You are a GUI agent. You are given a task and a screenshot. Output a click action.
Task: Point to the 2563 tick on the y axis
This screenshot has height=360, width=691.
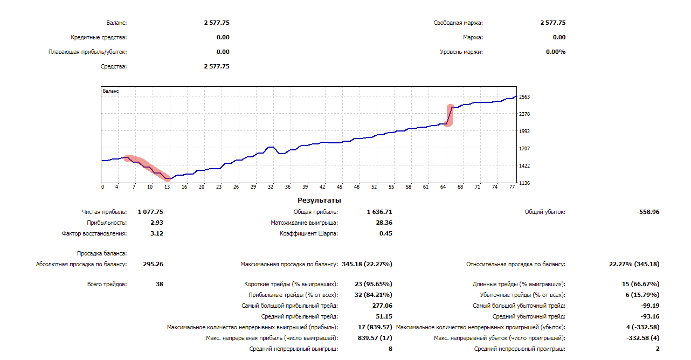[524, 97]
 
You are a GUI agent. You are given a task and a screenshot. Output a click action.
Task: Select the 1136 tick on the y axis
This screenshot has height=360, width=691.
[524, 183]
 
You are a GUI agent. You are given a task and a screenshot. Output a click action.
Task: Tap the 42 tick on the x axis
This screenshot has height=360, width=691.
[322, 187]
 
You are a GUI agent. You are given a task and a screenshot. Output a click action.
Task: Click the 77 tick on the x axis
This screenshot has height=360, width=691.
[512, 187]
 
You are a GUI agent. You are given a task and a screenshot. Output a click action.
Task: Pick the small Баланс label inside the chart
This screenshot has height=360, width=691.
[111, 92]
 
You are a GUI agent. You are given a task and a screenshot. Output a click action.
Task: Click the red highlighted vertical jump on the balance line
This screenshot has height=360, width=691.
[449, 115]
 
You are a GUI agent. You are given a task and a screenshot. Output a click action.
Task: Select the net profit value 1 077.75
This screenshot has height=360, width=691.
[150, 212]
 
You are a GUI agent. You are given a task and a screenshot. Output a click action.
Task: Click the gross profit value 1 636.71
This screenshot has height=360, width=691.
[379, 212]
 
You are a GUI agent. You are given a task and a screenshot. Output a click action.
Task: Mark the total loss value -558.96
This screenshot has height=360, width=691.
[647, 212]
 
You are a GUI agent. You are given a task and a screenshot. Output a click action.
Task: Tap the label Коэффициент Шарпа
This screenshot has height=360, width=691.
[309, 233]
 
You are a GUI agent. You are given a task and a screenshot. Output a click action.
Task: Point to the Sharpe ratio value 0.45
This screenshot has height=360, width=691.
[385, 233]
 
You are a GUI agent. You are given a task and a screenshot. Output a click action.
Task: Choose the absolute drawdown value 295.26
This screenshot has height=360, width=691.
[154, 264]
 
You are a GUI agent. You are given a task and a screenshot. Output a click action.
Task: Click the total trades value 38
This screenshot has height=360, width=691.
[159, 284]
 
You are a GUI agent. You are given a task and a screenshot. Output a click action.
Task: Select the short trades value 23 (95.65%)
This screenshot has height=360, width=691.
[373, 284]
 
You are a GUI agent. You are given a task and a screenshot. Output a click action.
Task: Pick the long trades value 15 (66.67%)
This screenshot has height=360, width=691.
[640, 284]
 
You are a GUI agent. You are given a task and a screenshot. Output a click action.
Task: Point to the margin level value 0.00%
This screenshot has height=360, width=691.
[556, 52]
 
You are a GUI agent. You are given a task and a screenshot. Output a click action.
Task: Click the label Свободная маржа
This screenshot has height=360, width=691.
[458, 23]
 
